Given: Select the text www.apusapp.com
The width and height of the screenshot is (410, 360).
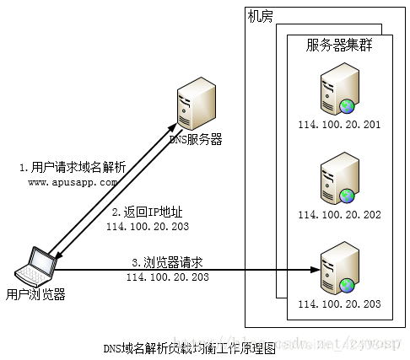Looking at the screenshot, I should click(x=73, y=182).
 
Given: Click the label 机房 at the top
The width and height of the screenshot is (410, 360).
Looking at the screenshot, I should click(x=261, y=16).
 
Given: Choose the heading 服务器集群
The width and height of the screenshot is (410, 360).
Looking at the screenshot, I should click(x=339, y=46).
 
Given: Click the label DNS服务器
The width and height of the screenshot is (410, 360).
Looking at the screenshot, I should click(x=196, y=140).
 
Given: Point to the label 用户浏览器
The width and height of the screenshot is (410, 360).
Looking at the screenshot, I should click(x=35, y=293).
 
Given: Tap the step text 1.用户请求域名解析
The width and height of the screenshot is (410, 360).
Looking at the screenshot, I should click(x=73, y=168).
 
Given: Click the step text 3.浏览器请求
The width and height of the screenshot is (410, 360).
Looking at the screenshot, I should click(x=167, y=262).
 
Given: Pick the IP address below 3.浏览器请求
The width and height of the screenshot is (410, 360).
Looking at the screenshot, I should click(x=168, y=277).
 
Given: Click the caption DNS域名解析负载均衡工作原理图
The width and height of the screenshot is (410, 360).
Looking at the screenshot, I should click(x=189, y=348).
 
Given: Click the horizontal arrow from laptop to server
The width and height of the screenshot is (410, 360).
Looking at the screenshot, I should click(x=211, y=271).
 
